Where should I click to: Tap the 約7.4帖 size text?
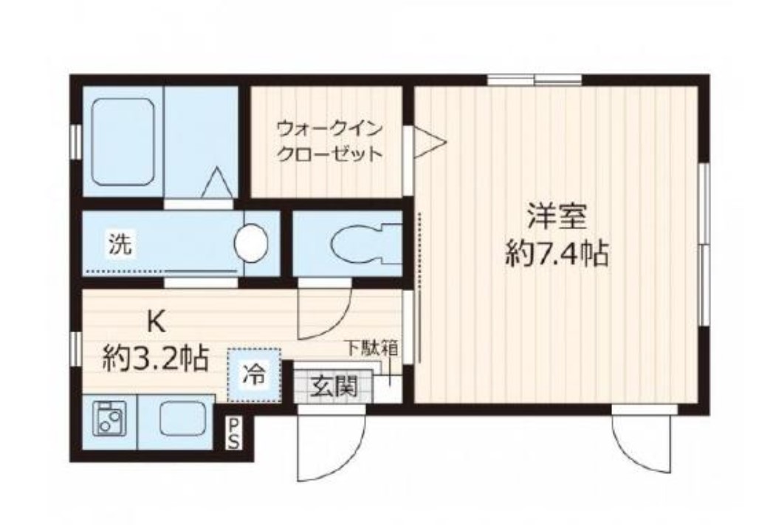[x=557, y=253]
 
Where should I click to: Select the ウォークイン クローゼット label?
[x=329, y=142]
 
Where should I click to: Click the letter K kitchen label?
[x=156, y=322]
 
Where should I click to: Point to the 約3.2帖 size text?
[x=155, y=358]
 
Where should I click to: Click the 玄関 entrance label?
[x=334, y=387]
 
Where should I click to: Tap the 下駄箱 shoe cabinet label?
[x=371, y=348]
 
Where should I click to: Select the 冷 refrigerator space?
[x=254, y=375]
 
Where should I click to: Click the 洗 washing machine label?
[x=120, y=244]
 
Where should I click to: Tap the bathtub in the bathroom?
[x=123, y=142]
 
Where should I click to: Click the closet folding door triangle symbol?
[x=430, y=142]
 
